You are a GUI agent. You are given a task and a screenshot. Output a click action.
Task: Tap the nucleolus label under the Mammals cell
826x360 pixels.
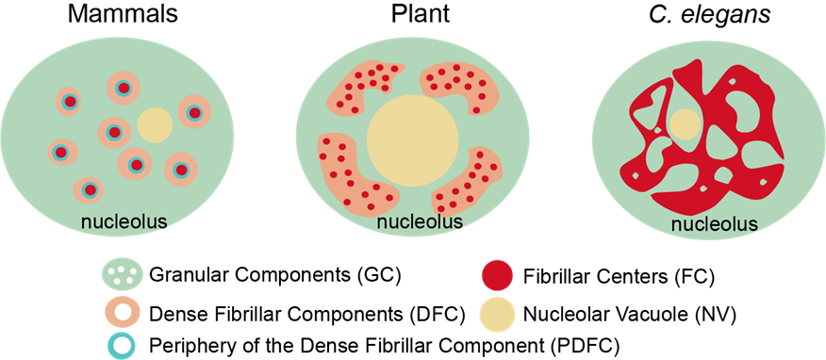tap(124, 222)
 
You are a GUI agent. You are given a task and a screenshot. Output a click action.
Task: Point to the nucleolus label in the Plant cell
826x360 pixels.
tap(420, 222)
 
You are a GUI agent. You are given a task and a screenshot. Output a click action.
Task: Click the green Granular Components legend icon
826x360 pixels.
tap(123, 276)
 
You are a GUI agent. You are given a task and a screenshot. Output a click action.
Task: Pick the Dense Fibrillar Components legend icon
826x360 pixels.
tap(123, 311)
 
